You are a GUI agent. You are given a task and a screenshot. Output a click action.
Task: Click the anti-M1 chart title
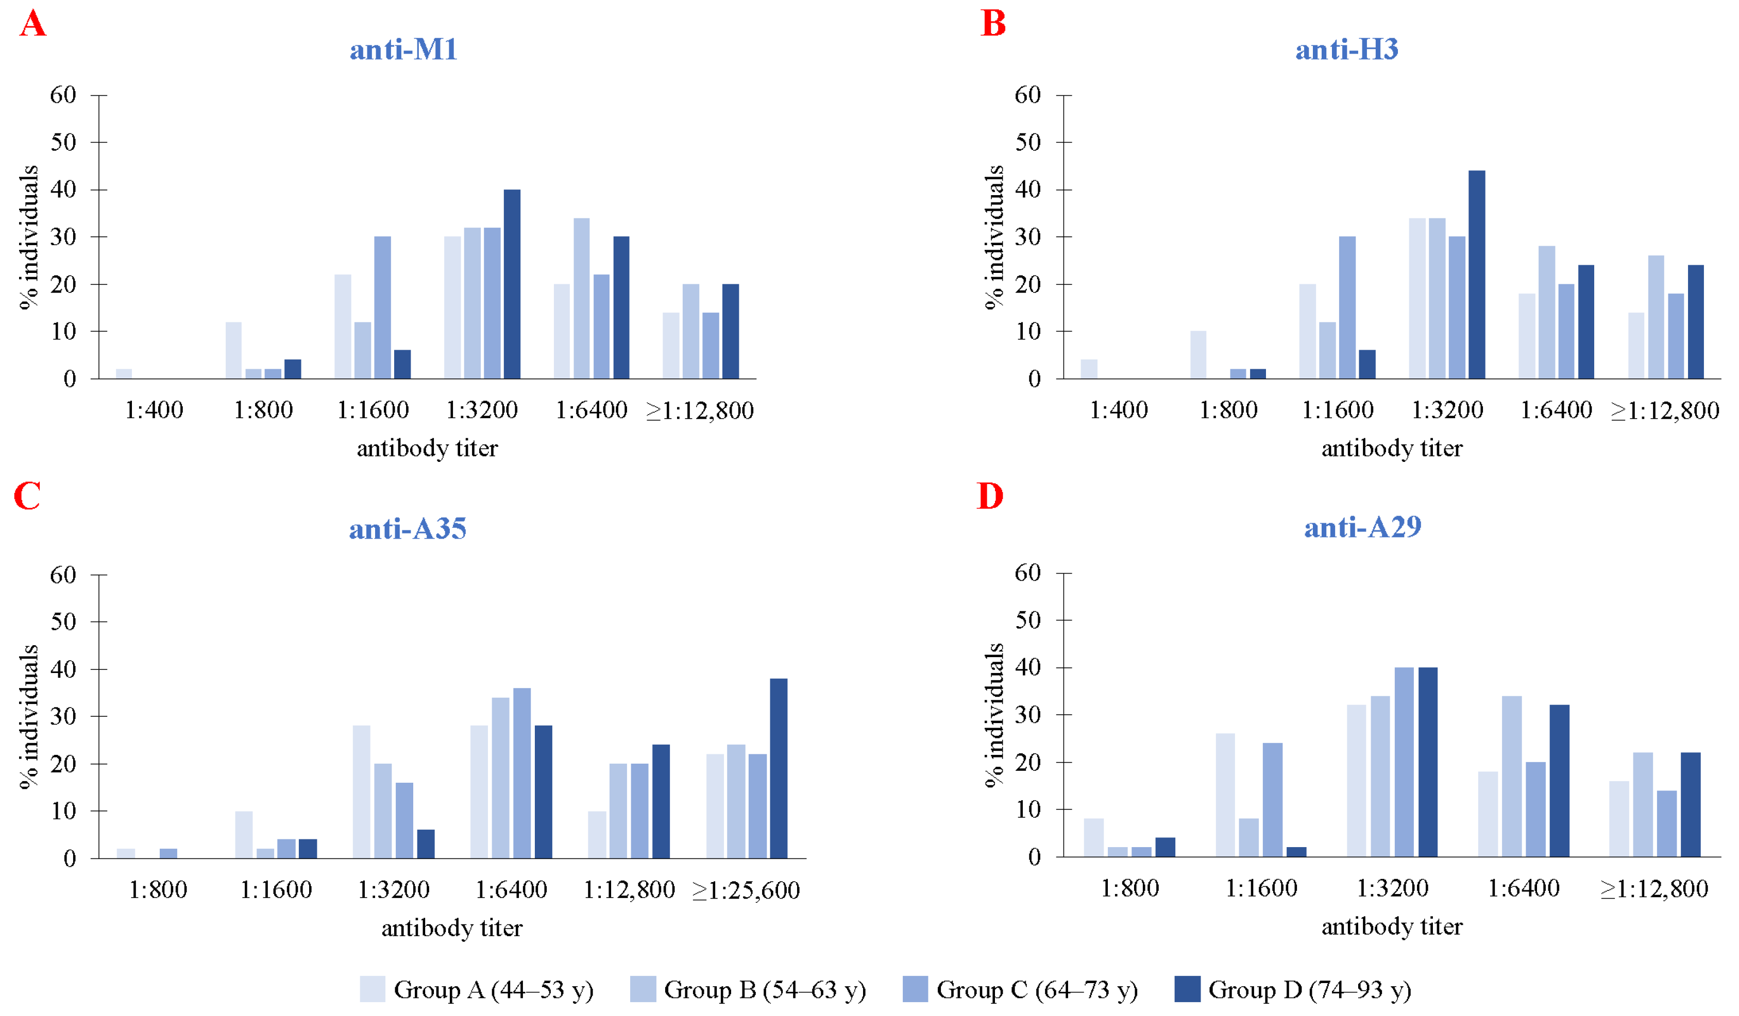(403, 49)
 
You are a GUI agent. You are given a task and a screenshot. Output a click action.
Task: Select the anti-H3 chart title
(1346, 49)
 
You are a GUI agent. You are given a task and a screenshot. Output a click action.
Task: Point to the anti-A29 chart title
(1362, 527)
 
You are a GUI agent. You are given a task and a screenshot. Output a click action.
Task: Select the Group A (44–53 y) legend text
(494, 989)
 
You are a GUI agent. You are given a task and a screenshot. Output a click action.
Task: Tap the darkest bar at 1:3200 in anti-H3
(1477, 274)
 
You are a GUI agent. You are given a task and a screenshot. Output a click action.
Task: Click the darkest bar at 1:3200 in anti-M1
(512, 284)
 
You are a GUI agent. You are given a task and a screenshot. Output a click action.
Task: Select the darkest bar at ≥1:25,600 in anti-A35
(779, 768)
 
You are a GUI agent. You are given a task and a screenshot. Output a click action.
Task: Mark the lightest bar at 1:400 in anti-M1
(124, 374)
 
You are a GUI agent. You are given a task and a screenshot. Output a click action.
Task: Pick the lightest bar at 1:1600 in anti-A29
(1225, 795)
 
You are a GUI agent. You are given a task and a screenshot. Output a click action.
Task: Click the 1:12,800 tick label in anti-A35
(629, 890)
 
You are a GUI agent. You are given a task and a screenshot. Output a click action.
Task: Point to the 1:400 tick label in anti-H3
(1118, 410)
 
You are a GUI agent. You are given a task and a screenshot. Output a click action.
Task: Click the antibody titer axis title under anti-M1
(427, 449)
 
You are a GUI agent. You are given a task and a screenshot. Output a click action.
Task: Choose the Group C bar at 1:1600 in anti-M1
(382, 307)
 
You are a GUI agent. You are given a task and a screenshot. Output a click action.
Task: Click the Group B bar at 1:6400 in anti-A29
(1511, 777)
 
